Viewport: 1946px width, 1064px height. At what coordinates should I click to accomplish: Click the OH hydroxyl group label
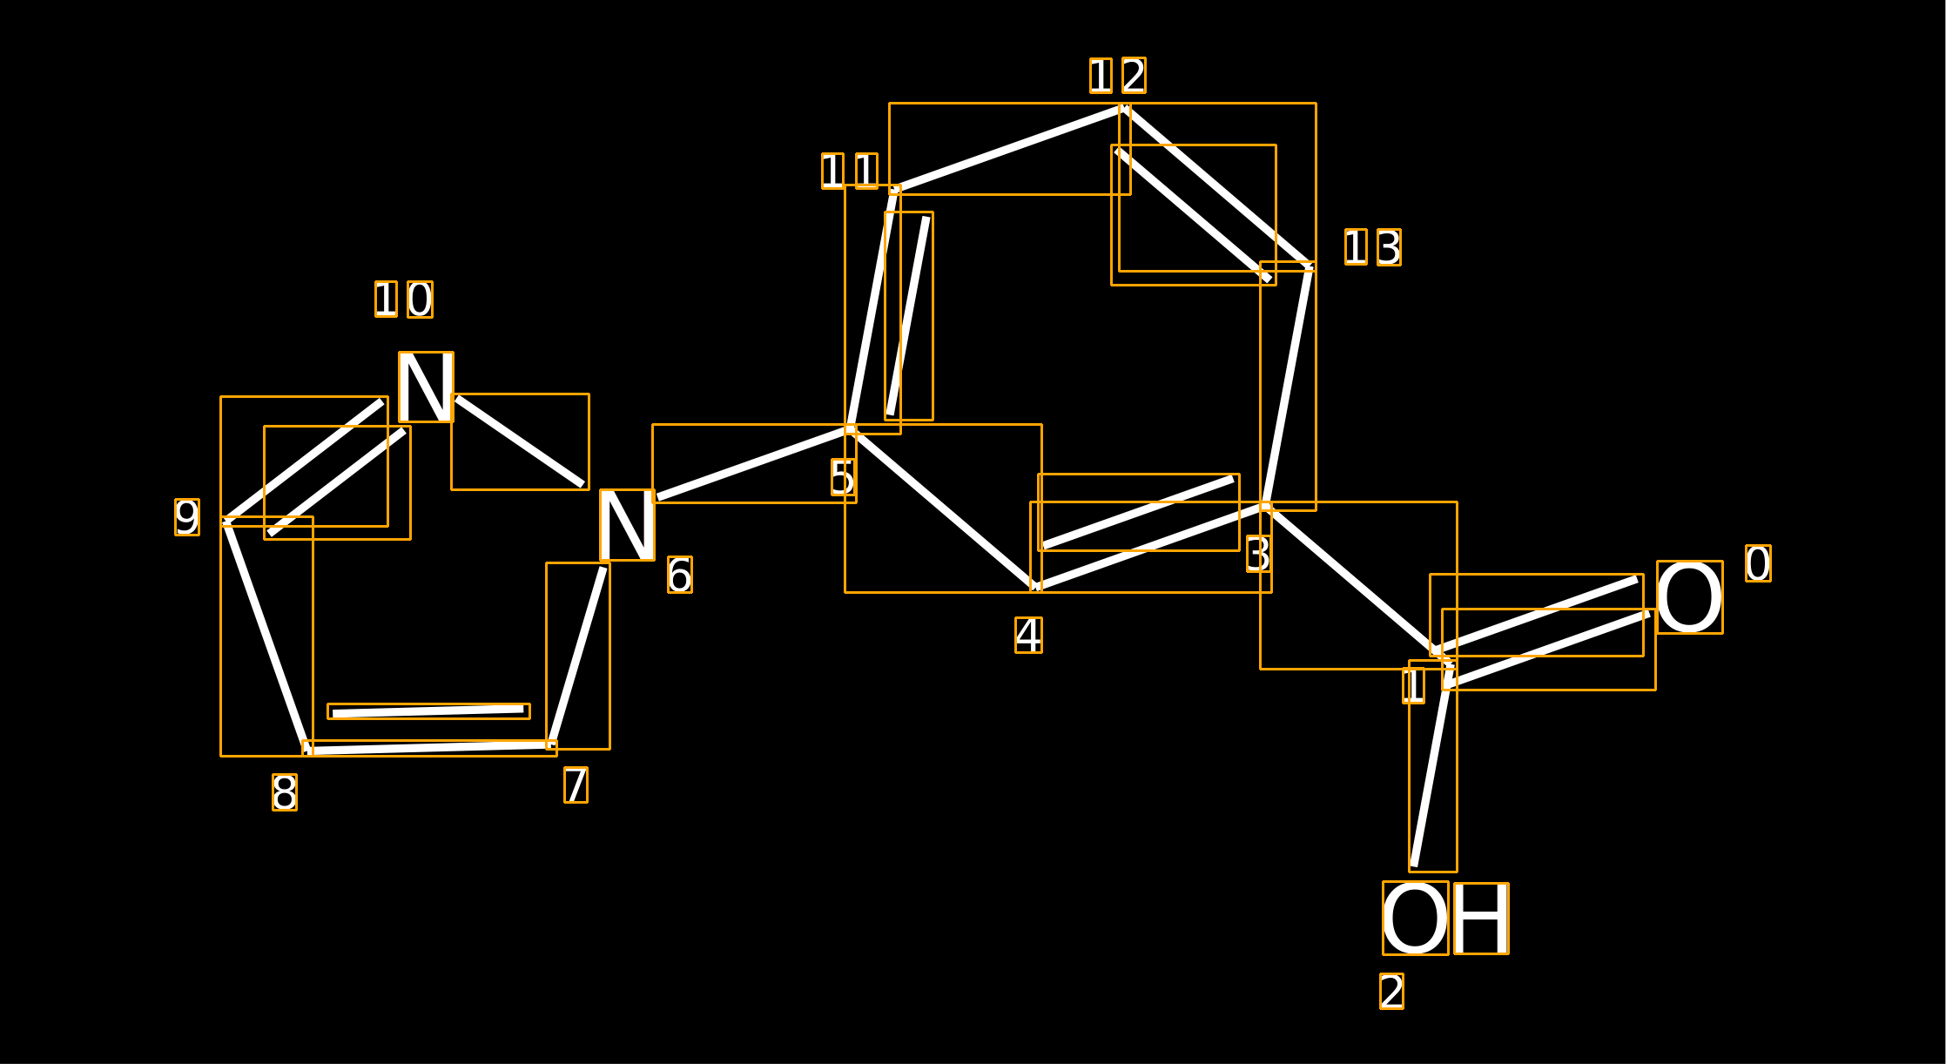tap(1445, 918)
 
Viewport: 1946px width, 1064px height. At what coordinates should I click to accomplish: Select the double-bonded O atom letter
tap(1689, 597)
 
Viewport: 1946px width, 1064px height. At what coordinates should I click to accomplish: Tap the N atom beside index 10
tap(426, 387)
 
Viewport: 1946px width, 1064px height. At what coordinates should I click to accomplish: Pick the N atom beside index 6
tap(627, 525)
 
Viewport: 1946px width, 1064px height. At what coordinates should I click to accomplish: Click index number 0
tap(1758, 563)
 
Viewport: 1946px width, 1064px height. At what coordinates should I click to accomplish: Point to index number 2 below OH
tap(1391, 991)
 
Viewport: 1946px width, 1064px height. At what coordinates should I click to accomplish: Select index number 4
tap(1028, 635)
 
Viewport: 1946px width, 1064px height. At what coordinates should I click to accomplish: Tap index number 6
tap(680, 575)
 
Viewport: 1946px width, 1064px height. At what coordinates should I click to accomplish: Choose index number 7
tap(576, 785)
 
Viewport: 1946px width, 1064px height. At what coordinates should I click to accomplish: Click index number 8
tap(285, 792)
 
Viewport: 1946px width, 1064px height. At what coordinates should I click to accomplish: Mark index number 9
tap(187, 517)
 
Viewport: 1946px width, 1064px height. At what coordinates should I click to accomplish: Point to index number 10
tap(404, 300)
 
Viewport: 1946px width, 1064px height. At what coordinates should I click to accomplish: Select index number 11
tap(850, 171)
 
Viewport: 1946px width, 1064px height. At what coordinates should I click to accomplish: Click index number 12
tap(1118, 75)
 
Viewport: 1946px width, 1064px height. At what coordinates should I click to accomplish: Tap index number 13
tap(1373, 247)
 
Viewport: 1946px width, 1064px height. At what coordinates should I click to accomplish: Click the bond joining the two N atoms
tap(520, 441)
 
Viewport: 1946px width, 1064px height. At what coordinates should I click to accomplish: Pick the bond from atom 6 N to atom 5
tap(754, 463)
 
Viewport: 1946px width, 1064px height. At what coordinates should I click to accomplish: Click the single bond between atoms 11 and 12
tap(1010, 149)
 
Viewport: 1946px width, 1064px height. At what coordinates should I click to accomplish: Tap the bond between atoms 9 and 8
tap(266, 636)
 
